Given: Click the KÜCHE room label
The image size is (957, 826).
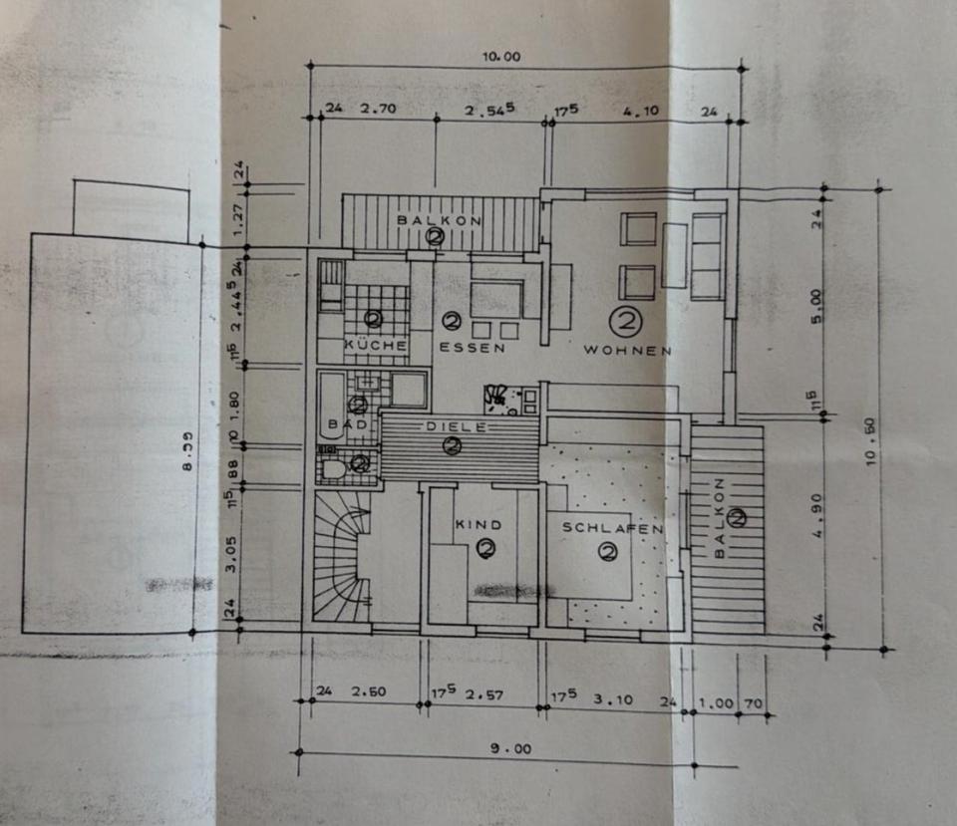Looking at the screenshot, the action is tap(375, 346).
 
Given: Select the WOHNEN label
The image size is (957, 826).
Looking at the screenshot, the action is tap(627, 350).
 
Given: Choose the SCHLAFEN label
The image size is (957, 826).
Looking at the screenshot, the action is tap(612, 528).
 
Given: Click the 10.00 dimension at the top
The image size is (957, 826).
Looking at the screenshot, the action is tap(501, 57).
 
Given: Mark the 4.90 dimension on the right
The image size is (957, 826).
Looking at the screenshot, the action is tap(817, 525).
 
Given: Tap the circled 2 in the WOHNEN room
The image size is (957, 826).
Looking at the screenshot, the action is tap(627, 321).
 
